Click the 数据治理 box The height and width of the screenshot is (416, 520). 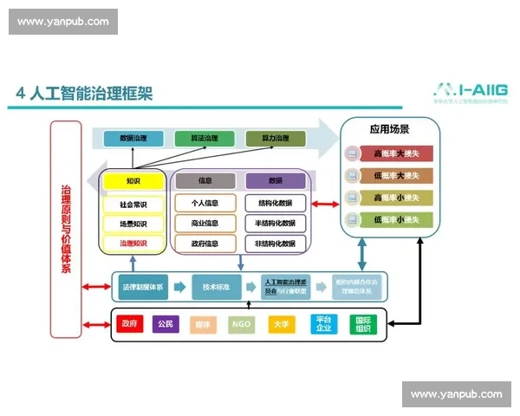[x=133, y=138]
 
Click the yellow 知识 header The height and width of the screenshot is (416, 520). [x=133, y=181]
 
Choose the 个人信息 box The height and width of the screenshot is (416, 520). [x=205, y=204]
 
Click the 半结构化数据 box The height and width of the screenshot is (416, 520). [x=276, y=224]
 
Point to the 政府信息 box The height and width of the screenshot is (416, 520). [x=205, y=244]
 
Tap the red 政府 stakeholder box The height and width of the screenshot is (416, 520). [x=129, y=324]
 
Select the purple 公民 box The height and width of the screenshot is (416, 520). [x=166, y=324]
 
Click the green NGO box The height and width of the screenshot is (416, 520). [x=241, y=324]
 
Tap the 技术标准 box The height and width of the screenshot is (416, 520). [x=216, y=285]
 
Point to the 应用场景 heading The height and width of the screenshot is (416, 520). [x=390, y=130]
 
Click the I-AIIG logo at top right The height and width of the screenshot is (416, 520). [x=471, y=90]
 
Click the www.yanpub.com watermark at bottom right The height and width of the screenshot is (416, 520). [x=456, y=394]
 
